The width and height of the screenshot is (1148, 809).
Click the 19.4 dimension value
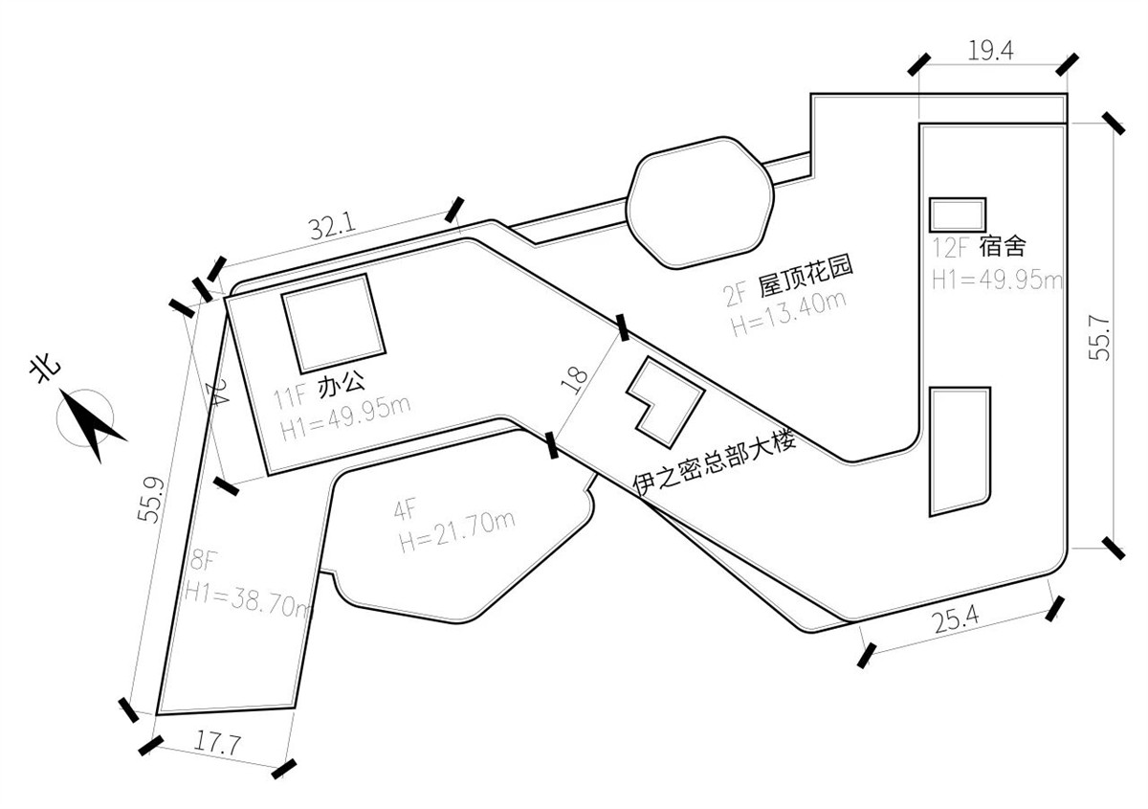click(x=991, y=52)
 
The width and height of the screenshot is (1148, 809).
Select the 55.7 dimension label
click(x=1099, y=338)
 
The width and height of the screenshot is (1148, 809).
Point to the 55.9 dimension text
click(x=152, y=500)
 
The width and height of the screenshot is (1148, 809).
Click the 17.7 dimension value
click(x=217, y=743)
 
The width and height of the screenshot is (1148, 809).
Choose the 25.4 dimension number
click(x=957, y=620)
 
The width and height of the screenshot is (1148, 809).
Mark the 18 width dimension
click(x=575, y=381)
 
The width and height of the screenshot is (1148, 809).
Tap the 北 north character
click(x=46, y=370)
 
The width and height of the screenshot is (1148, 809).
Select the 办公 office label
click(x=342, y=385)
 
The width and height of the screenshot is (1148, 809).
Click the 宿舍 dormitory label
click(x=1003, y=247)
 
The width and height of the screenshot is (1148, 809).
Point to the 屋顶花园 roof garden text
click(x=806, y=278)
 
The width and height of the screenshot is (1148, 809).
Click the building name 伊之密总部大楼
click(x=715, y=464)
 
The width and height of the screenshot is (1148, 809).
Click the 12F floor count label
click(x=950, y=248)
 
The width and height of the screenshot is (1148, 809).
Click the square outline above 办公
click(x=333, y=324)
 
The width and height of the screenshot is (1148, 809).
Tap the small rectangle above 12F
click(x=958, y=215)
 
